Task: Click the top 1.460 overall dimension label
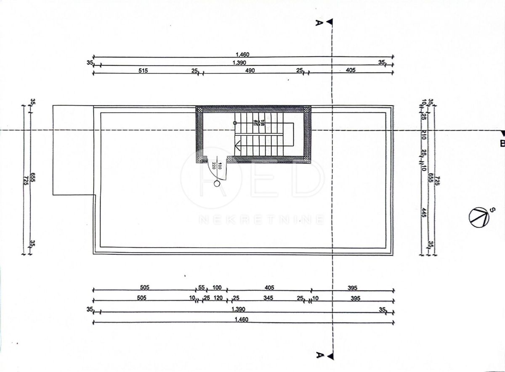coord(243,54)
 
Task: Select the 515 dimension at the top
coord(143,70)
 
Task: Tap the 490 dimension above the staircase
coord(250,70)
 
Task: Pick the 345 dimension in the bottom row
coord(268,298)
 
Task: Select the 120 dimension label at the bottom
coord(218,298)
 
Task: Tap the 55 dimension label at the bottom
coord(201,288)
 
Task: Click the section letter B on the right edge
coord(501,144)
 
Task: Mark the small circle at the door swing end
coord(217,183)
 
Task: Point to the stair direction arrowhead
coord(237,147)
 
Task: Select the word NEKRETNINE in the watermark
coord(261,219)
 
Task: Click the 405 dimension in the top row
coord(351,70)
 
